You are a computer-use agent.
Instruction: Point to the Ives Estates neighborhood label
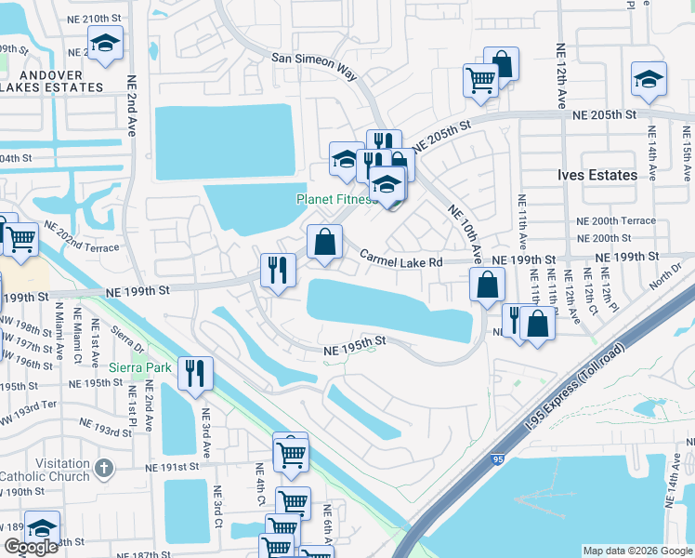coord(597,175)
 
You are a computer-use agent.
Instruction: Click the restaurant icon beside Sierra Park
coord(195,373)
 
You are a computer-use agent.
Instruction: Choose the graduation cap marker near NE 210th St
coord(105,43)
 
